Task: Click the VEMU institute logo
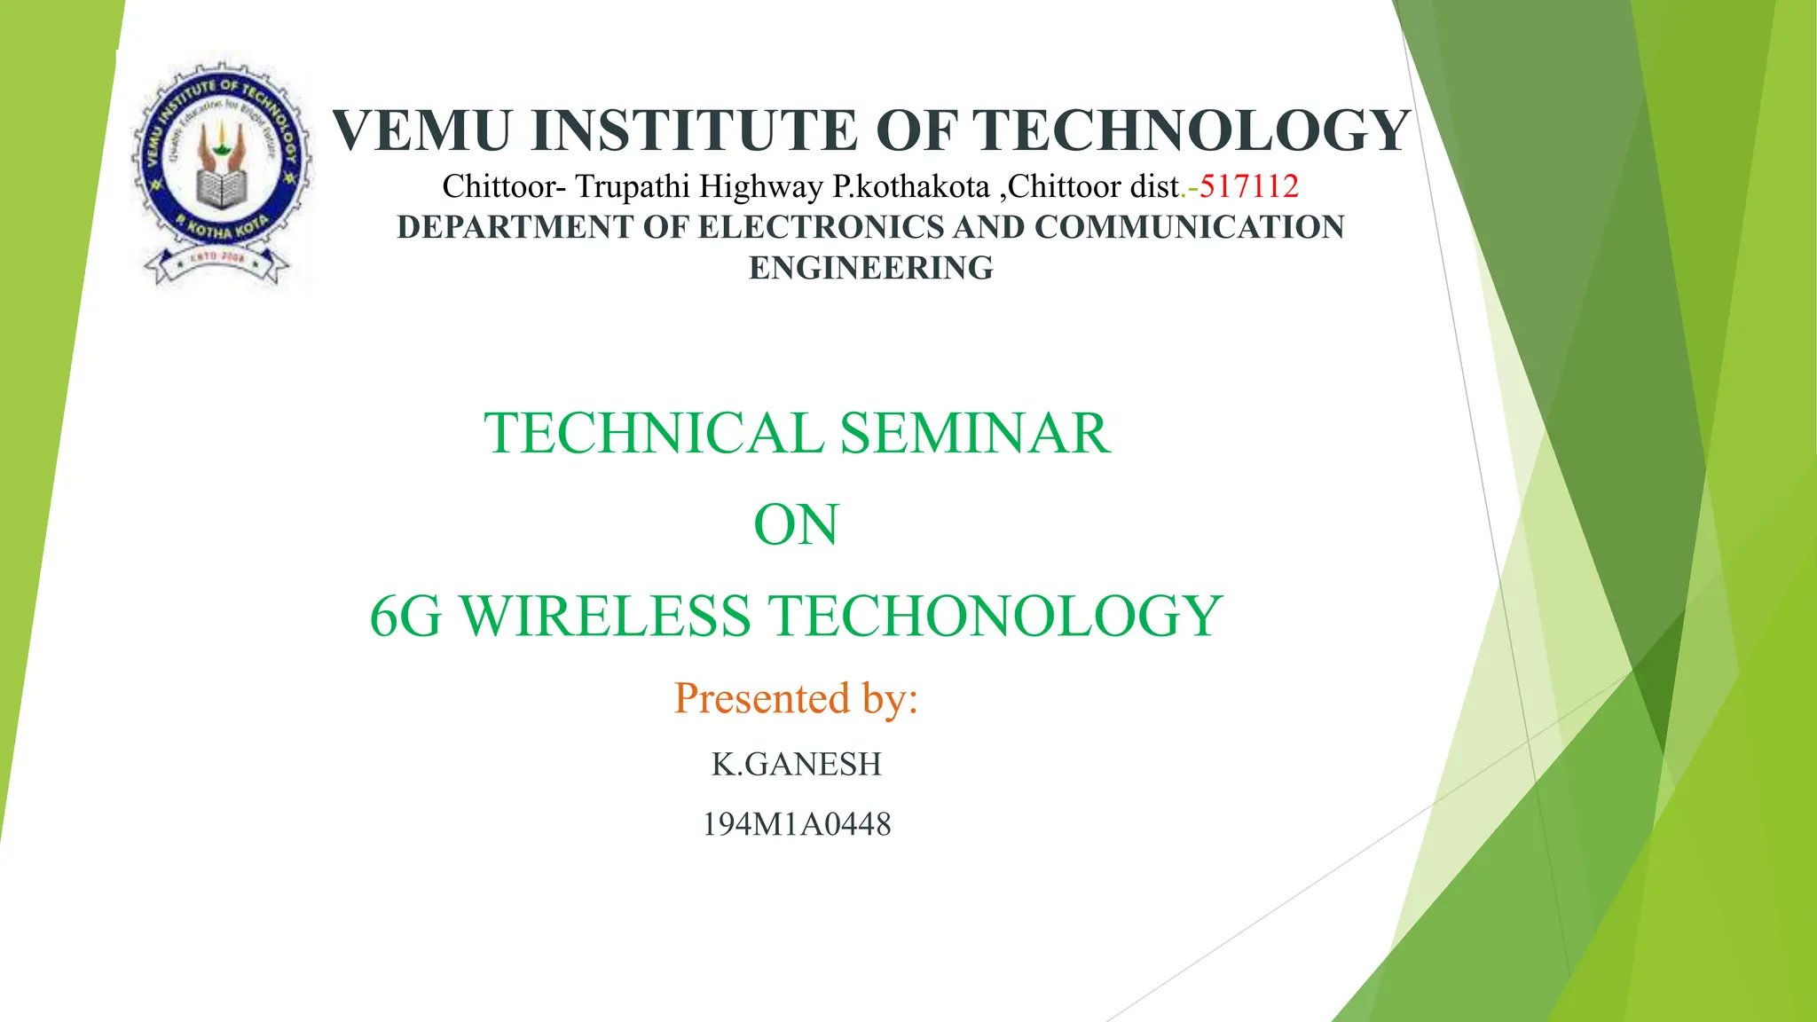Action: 221,173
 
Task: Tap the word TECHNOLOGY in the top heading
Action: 1194,130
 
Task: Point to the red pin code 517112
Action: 1248,186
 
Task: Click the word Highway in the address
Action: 760,186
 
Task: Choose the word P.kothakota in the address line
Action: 910,186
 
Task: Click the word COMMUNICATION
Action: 1189,227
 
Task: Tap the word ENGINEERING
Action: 870,268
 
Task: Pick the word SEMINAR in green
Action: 974,434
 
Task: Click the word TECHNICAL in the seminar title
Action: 654,434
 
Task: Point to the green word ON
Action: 795,525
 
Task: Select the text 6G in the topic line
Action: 405,617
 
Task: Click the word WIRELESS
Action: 605,617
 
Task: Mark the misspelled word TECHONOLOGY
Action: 994,617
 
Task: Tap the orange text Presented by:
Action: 795,698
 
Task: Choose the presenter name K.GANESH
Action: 796,764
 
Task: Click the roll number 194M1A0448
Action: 796,824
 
